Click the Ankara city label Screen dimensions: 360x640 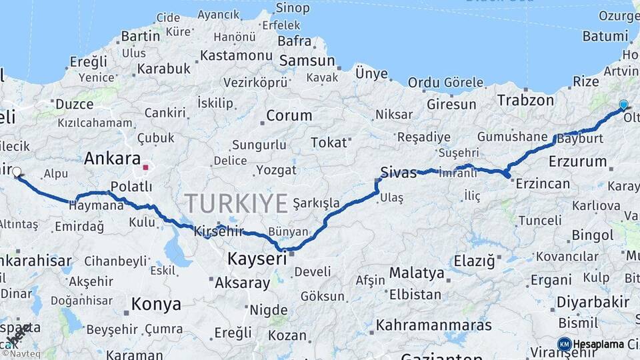click(111, 159)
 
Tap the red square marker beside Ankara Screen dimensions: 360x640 click(145, 160)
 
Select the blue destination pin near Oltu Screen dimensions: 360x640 click(623, 105)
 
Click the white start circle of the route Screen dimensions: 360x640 click(17, 171)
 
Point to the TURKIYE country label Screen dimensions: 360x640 click(236, 202)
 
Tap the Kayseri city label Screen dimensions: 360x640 click(257, 258)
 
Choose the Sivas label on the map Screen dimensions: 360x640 click(398, 172)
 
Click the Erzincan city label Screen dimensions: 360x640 click(543, 183)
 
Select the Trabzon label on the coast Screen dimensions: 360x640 click(525, 101)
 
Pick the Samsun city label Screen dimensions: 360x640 click(307, 61)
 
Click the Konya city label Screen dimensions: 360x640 click(156, 304)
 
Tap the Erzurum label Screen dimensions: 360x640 click(578, 161)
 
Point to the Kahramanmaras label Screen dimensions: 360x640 click(434, 325)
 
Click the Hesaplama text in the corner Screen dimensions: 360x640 click(598, 344)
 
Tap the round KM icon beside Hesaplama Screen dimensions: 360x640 click(565, 344)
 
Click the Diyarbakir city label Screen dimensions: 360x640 click(593, 302)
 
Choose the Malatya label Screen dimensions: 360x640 click(417, 273)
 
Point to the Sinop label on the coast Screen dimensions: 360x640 click(292, 8)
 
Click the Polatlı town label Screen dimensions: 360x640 click(131, 187)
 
